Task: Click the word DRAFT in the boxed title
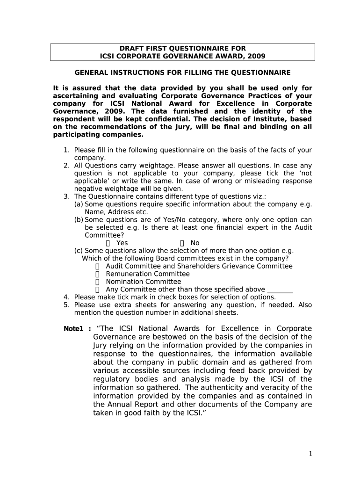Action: pyautogui.click(x=131, y=49)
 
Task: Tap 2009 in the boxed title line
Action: pyautogui.click(x=256, y=56)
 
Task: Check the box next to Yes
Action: pyautogui.click(x=108, y=243)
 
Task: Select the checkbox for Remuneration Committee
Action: pyautogui.click(x=98, y=274)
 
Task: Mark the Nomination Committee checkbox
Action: pyautogui.click(x=98, y=282)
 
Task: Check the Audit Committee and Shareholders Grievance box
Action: pyautogui.click(x=98, y=266)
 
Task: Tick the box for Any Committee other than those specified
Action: pyautogui.click(x=98, y=290)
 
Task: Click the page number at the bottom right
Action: pyautogui.click(x=310, y=454)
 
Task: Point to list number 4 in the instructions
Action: pyautogui.click(x=66, y=297)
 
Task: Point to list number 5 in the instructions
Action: pyautogui.click(x=66, y=305)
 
